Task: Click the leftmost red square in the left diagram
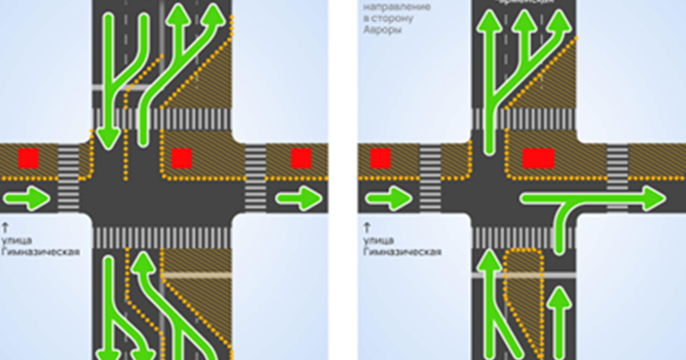(x=28, y=158)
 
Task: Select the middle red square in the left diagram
(x=182, y=158)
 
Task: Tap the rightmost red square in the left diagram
(x=301, y=158)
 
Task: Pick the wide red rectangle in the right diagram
(x=539, y=158)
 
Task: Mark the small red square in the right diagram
(x=380, y=158)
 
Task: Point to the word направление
(x=388, y=9)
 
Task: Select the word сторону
(x=395, y=19)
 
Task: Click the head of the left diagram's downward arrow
(x=107, y=139)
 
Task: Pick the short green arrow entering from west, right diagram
(x=388, y=199)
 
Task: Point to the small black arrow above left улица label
(x=5, y=226)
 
